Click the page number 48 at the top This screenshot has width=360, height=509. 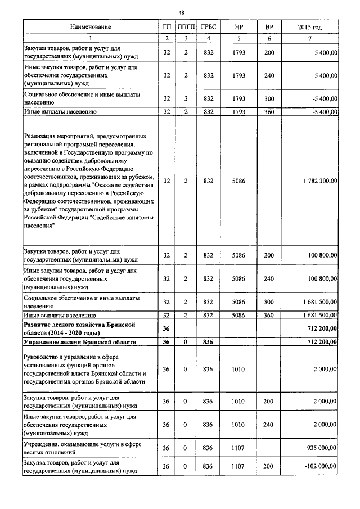tap(181, 12)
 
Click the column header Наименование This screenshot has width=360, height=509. tap(91, 27)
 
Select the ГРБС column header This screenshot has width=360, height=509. tap(209, 27)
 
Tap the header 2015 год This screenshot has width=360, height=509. tap(309, 27)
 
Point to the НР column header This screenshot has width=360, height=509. tap(239, 27)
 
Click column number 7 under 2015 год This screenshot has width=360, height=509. tap(309, 38)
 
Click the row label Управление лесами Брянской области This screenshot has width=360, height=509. tap(79, 342)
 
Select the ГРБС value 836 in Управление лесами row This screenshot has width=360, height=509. tap(209, 342)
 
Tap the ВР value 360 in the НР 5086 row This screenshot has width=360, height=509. tap(269, 316)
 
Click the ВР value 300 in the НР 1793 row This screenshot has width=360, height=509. tap(269, 99)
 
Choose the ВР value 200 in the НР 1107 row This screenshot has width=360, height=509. tap(269, 466)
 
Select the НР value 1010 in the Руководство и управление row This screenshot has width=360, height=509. tap(239, 370)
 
